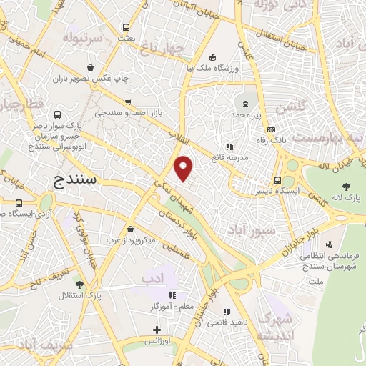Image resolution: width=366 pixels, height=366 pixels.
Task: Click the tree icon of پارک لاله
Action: pos(346,187)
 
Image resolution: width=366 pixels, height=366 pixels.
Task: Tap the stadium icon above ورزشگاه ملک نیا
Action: pos(212,58)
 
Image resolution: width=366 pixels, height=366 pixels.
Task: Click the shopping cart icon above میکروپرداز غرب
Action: pos(130,229)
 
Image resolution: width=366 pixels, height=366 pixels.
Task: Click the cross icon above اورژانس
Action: pos(157,330)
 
